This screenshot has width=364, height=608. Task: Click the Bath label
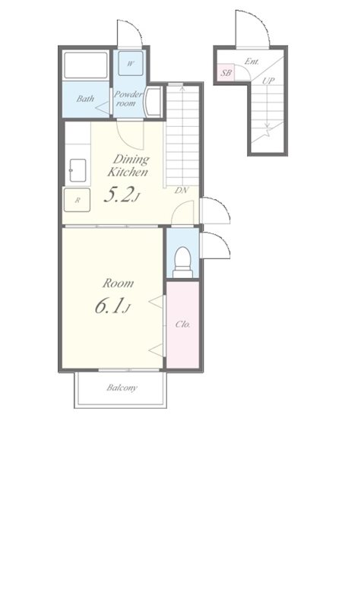point(85,99)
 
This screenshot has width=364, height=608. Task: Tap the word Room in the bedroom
point(119,283)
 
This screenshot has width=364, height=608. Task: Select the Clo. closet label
point(183,325)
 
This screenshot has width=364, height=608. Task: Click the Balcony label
point(122,388)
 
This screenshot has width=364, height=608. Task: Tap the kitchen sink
point(77,170)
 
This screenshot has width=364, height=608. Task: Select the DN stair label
point(182,190)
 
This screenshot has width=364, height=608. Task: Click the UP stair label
point(267,81)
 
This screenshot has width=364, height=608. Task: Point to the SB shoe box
point(226,73)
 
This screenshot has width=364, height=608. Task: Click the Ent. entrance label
point(252,61)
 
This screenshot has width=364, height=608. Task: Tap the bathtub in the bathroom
point(86,67)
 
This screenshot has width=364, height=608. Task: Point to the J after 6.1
point(128,309)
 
